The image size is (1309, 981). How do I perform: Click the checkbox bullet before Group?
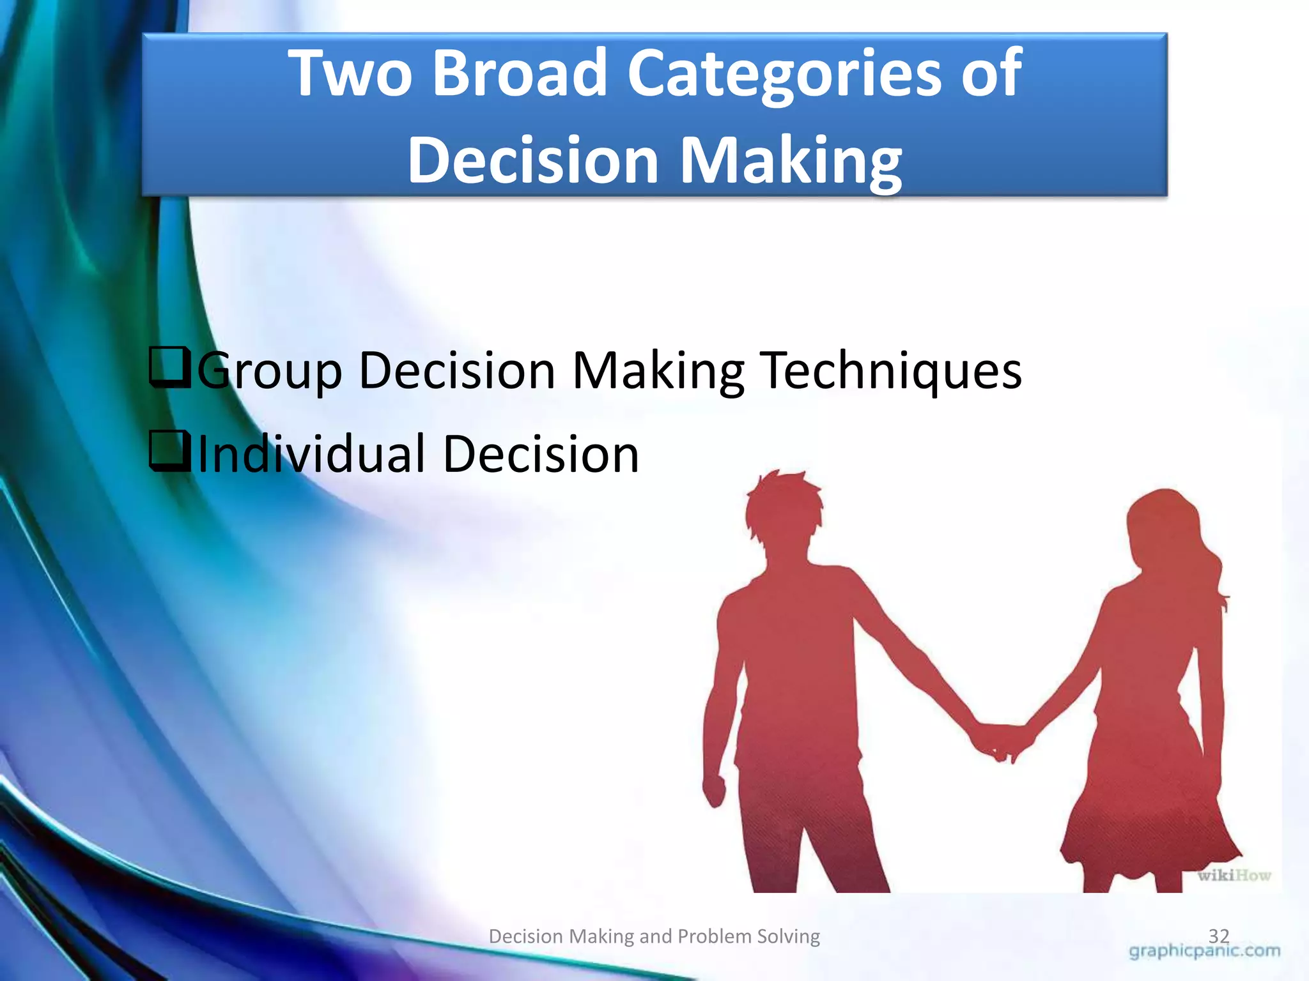pos(169,367)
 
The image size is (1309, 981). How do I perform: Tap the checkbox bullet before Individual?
pos(169,451)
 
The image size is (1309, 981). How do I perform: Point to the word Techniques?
pos(891,370)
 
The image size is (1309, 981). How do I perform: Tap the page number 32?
pos(1218,936)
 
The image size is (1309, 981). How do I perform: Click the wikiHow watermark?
pos(1234,875)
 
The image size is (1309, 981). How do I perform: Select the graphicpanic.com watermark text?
pos(1204,951)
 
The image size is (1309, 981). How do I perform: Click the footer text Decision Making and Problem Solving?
pos(654,936)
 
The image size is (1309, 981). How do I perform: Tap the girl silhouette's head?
pos(1160,524)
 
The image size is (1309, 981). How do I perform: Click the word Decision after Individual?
pos(541,453)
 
